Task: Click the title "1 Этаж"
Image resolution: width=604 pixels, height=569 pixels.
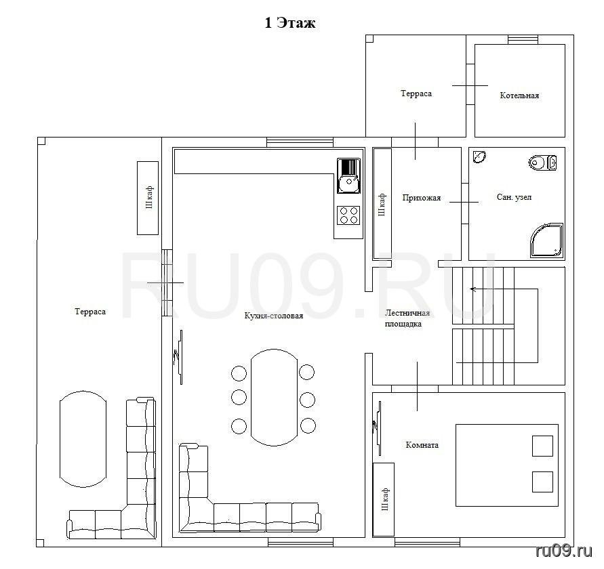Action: click(289, 23)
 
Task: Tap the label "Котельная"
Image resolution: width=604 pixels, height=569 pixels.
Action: click(519, 96)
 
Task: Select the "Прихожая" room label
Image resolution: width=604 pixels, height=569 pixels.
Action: click(422, 198)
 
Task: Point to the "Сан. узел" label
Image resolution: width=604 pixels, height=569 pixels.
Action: click(515, 197)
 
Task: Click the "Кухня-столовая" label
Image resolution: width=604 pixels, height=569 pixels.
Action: click(274, 316)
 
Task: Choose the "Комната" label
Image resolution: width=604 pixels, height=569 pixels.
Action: click(422, 445)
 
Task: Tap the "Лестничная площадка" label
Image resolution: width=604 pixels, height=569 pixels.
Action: click(407, 318)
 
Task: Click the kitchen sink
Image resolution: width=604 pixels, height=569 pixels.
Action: click(348, 175)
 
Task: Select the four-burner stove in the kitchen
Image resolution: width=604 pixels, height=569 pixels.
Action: click(348, 215)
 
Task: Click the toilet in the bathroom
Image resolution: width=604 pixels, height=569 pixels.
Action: click(542, 163)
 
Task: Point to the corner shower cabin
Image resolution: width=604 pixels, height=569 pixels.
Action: click(546, 240)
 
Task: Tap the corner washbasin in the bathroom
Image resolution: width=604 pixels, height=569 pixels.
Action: click(479, 157)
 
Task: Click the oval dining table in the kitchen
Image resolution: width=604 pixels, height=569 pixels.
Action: click(274, 398)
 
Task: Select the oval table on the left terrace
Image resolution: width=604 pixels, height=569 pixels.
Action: click(83, 439)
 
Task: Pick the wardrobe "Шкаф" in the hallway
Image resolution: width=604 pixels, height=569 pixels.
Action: click(382, 204)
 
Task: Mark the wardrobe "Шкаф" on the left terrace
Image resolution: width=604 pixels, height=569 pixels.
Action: click(148, 198)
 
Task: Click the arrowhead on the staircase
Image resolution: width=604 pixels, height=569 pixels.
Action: click(472, 289)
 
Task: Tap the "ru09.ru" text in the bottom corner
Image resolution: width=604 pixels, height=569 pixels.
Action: click(564, 551)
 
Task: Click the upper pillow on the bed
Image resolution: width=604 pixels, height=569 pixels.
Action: click(542, 446)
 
